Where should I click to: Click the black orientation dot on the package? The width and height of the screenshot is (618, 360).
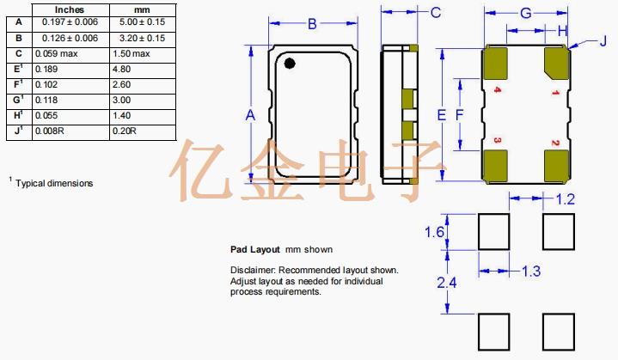290,62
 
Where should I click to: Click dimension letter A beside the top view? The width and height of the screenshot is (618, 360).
250,114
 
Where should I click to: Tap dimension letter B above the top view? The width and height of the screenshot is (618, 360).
313,23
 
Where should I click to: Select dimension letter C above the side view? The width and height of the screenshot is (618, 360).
436,12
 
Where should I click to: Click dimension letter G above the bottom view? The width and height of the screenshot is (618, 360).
526,13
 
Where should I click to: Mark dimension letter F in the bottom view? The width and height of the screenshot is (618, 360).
460,114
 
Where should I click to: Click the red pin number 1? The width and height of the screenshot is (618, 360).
555,90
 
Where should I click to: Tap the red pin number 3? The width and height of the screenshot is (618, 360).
498,139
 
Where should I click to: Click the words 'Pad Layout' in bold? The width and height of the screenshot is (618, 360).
255,250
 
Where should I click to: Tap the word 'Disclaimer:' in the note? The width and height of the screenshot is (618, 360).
254,270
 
